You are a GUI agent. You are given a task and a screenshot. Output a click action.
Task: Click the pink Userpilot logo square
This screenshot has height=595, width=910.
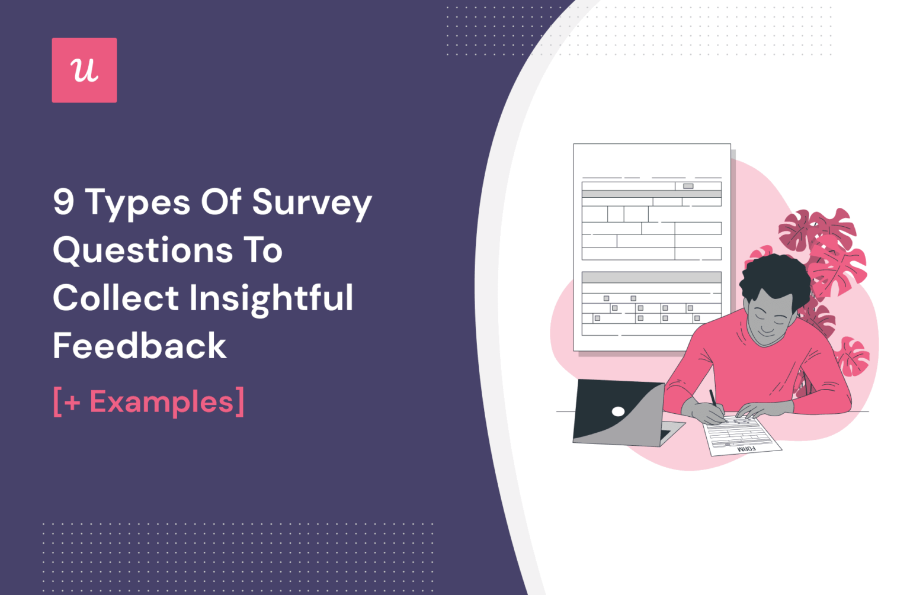tap(84, 70)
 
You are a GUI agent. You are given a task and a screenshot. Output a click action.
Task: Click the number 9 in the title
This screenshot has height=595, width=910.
tap(63, 202)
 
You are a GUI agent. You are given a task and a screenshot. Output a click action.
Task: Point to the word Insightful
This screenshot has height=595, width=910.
tap(271, 298)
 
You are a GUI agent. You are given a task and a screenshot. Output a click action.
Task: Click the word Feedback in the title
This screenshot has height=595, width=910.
tap(140, 346)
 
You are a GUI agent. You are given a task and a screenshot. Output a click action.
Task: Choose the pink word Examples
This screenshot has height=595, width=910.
tap(161, 402)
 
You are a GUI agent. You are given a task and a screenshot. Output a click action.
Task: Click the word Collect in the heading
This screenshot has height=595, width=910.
tap(116, 298)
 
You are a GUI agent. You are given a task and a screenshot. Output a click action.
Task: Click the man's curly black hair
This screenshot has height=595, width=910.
tap(774, 277)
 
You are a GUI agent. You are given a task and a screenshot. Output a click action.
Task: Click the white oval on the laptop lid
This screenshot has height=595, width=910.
tap(618, 411)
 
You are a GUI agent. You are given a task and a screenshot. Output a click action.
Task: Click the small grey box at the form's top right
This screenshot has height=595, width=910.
tap(688, 186)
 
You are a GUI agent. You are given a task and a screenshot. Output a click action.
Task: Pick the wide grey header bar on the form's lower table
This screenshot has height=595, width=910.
tap(651, 277)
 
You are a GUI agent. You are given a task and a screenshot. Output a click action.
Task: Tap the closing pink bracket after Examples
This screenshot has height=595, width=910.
tap(239, 402)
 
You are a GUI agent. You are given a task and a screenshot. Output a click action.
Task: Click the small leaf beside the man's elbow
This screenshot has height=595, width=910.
tap(853, 356)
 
